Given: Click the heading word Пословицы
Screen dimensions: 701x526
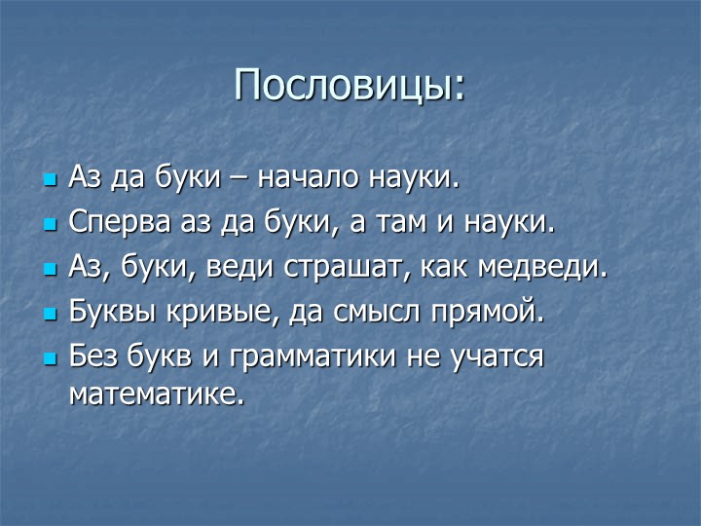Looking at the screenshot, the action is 345,85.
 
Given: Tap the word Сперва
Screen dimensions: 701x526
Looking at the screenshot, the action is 120,223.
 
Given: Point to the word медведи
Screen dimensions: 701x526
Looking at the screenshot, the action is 537,267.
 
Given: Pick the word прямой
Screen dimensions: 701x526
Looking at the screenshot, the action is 483,313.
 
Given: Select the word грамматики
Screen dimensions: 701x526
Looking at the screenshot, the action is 313,357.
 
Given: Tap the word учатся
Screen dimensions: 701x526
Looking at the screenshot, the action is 498,357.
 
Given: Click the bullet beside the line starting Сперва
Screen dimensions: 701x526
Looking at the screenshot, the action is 51,225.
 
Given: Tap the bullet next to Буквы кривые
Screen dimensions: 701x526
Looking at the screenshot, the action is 51,314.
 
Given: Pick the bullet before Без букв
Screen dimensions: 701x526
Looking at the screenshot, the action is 51,358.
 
